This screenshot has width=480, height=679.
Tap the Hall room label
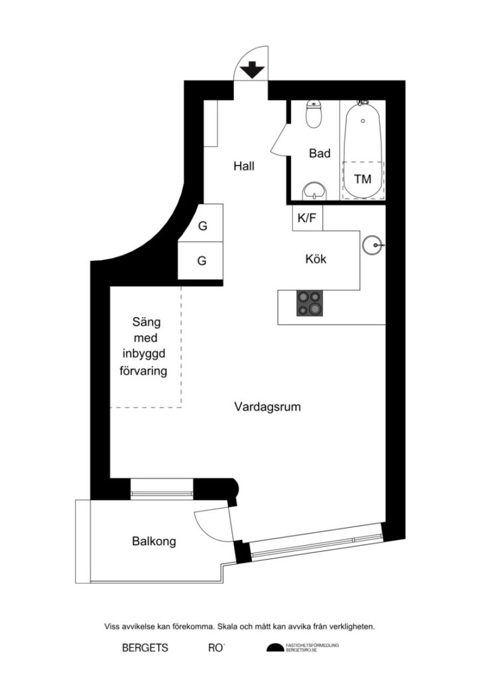243,166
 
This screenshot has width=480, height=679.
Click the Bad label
320,154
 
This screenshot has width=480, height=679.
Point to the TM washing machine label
362,179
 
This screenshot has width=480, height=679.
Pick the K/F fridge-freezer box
307,218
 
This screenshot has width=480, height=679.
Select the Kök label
316,259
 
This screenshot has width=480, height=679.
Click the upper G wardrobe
203,226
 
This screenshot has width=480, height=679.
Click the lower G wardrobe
202,261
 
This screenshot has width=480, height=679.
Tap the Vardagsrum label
267,406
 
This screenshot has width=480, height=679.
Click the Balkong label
154,542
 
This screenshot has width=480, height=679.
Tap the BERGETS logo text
145,648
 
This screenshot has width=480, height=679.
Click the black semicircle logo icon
274,648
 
